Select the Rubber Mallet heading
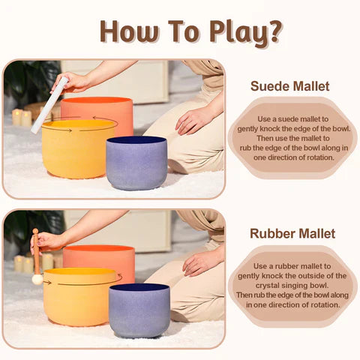(292, 233)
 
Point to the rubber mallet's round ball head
(37, 279)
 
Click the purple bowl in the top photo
(136, 162)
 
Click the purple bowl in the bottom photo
(139, 310)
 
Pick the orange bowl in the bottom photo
(100, 255)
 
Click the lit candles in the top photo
(21, 117)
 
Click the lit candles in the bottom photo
(21, 263)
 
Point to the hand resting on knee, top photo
(193, 119)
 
